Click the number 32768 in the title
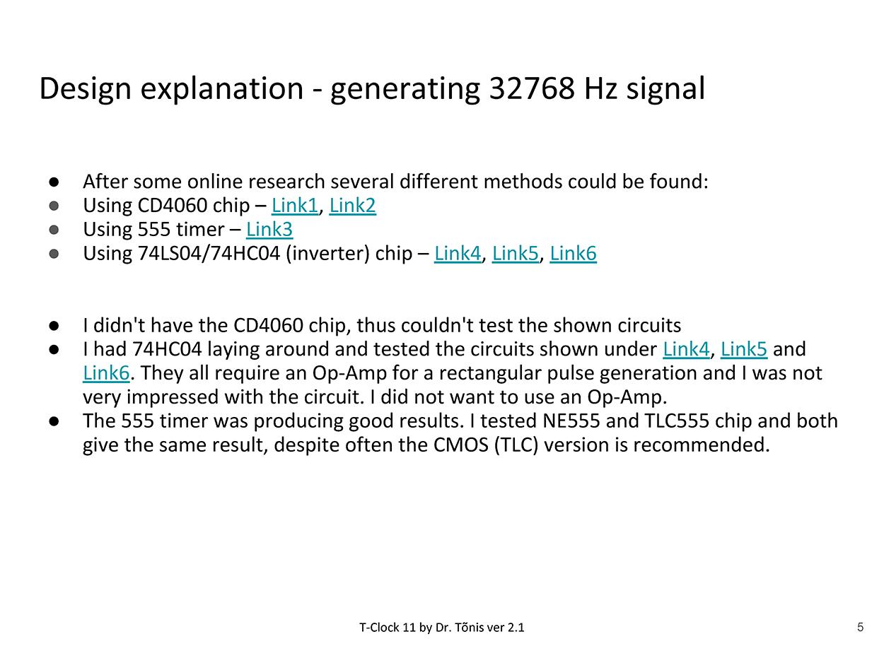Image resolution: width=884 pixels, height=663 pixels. (x=532, y=88)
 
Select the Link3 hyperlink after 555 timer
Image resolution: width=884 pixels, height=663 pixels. (x=269, y=230)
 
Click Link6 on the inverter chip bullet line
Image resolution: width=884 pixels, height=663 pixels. (x=573, y=253)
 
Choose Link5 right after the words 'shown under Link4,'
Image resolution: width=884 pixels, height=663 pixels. (x=743, y=349)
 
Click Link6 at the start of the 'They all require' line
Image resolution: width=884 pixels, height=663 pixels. (x=106, y=372)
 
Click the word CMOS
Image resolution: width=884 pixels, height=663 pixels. (x=460, y=445)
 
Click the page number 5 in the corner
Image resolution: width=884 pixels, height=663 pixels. (x=860, y=627)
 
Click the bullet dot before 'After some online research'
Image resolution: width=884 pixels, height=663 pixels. (x=54, y=182)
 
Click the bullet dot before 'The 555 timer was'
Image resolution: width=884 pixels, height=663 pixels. (x=54, y=421)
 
